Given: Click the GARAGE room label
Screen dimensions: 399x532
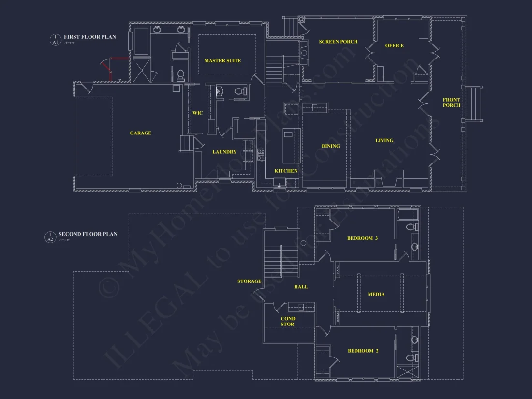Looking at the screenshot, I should pyautogui.click(x=140, y=133).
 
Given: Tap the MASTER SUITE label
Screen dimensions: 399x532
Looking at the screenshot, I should pyautogui.click(x=222, y=60).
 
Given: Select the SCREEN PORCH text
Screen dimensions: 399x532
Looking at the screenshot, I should pyautogui.click(x=338, y=42).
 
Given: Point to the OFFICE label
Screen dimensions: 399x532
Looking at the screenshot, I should pyautogui.click(x=394, y=46).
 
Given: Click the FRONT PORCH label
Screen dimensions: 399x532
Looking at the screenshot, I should pyautogui.click(x=451, y=103).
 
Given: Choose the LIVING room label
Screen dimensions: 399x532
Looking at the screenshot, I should pyautogui.click(x=384, y=141).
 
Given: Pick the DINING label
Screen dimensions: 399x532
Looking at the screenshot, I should pyautogui.click(x=331, y=146).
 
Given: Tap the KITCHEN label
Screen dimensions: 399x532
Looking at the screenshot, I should pyautogui.click(x=286, y=171).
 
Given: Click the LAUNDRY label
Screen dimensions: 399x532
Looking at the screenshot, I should pyautogui.click(x=224, y=152).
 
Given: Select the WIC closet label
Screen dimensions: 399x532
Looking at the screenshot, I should pyautogui.click(x=197, y=113).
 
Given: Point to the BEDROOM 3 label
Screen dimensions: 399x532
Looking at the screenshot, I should pyautogui.click(x=362, y=238).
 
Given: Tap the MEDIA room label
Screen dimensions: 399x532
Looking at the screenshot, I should pyautogui.click(x=376, y=294).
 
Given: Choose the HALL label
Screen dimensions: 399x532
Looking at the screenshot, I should pyautogui.click(x=301, y=287).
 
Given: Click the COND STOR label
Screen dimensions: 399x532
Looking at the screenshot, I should pyautogui.click(x=288, y=321).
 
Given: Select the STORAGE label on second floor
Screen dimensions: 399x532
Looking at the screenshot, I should pyautogui.click(x=249, y=281).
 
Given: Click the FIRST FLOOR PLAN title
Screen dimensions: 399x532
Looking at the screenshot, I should pyautogui.click(x=90, y=37).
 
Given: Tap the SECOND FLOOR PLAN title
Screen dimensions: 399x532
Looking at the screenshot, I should pyautogui.click(x=88, y=234).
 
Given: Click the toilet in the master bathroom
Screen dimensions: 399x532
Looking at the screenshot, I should pyautogui.click(x=181, y=75).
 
